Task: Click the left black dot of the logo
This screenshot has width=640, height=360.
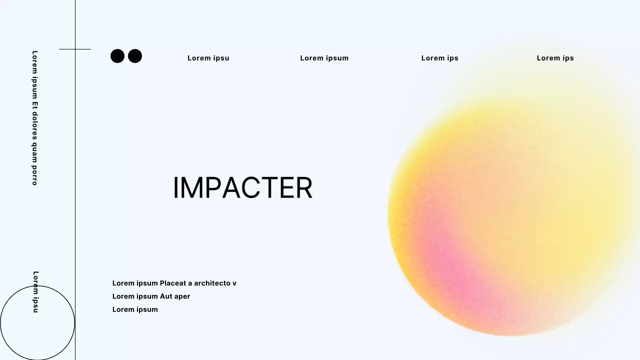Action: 117,56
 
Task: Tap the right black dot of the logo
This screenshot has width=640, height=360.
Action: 135,56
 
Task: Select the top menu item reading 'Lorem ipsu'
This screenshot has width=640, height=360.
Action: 208,58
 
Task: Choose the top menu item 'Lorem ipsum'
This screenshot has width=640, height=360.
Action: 324,58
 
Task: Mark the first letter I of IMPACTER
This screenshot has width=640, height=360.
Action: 175,188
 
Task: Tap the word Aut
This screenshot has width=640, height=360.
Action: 166,296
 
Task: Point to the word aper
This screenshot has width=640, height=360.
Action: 182,296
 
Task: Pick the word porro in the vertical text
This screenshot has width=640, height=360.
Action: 35,176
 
